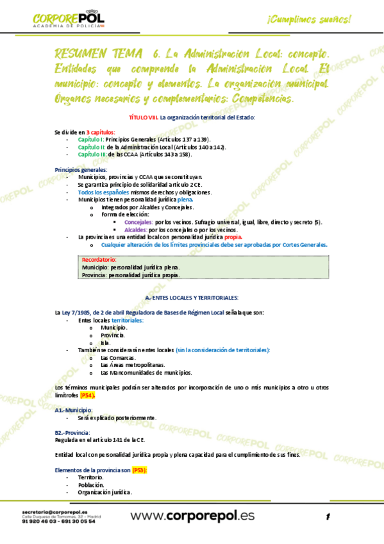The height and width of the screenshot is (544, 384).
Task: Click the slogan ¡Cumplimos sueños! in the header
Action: [310, 19]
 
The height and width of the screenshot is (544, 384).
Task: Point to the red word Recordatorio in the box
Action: [99, 259]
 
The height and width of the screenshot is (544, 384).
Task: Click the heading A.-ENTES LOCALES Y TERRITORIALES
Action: [192, 298]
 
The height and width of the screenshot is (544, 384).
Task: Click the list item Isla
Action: [106, 343]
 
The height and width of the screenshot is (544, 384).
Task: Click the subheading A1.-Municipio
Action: [73, 410]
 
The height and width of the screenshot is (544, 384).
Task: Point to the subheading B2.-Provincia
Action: [72, 432]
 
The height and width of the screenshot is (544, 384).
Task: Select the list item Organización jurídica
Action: [104, 492]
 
